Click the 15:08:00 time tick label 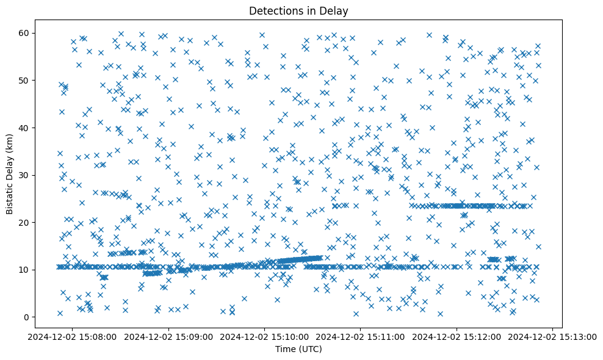(x=73, y=336)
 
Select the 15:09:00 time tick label (x=169, y=336)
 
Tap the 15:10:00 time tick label (x=265, y=336)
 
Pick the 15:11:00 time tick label (x=361, y=336)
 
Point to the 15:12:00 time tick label (x=457, y=336)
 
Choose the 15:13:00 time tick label (x=552, y=336)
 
